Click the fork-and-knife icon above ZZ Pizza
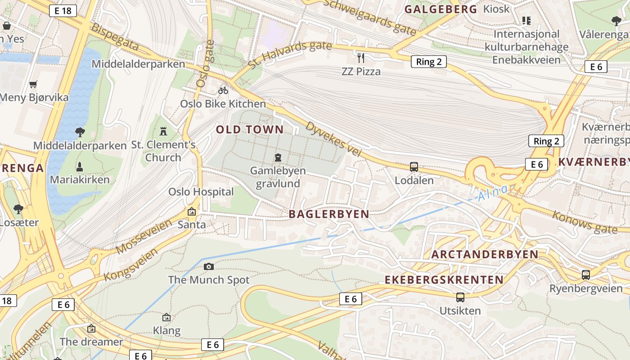pyautogui.click(x=360, y=57)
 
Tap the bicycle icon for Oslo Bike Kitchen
pyautogui.click(x=223, y=90)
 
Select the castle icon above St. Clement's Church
pyautogui.click(x=163, y=131)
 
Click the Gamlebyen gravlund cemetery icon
pyautogui.click(x=278, y=157)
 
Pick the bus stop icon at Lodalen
pyautogui.click(x=414, y=167)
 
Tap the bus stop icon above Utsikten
pyautogui.click(x=460, y=297)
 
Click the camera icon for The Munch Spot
pyautogui.click(x=209, y=266)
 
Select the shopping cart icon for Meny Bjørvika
pyautogui.click(x=33, y=84)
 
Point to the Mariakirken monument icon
pyautogui.click(x=80, y=166)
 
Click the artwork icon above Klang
pyautogui.click(x=166, y=317)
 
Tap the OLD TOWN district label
pyautogui.click(x=250, y=130)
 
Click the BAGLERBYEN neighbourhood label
pyautogui.click(x=329, y=214)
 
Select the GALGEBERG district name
pyautogui.click(x=441, y=9)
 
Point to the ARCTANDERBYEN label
pyautogui.click(x=485, y=254)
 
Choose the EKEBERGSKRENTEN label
pyautogui.click(x=444, y=279)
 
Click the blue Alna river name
pyautogui.click(x=493, y=193)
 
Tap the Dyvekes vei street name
pyautogui.click(x=333, y=139)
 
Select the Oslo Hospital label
pyautogui.click(x=201, y=192)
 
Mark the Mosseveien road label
pyautogui.click(x=144, y=237)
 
